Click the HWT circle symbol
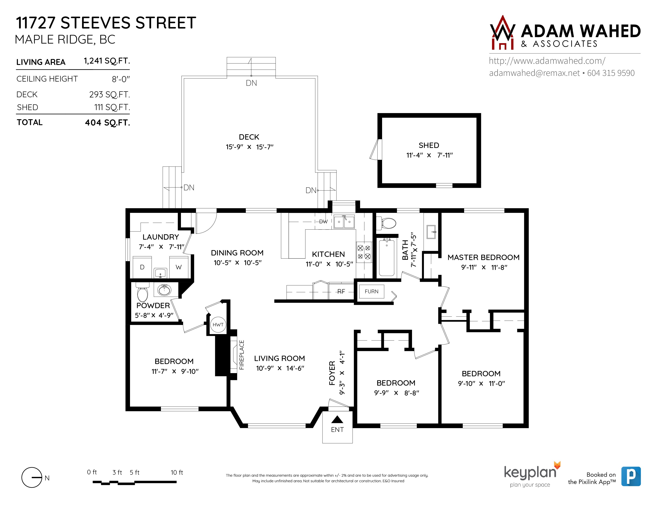click(218, 325)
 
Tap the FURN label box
click(371, 291)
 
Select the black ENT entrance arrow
click(337, 419)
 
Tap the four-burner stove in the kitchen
click(364, 252)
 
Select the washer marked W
click(179, 267)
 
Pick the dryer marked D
click(142, 267)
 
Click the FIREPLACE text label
click(242, 355)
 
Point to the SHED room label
click(429, 145)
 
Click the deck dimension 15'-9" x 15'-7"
click(250, 147)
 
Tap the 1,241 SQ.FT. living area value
click(107, 61)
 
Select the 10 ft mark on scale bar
click(177, 472)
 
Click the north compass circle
click(32, 477)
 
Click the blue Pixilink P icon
click(631, 476)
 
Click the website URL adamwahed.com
click(547, 61)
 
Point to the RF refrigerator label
click(341, 291)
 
